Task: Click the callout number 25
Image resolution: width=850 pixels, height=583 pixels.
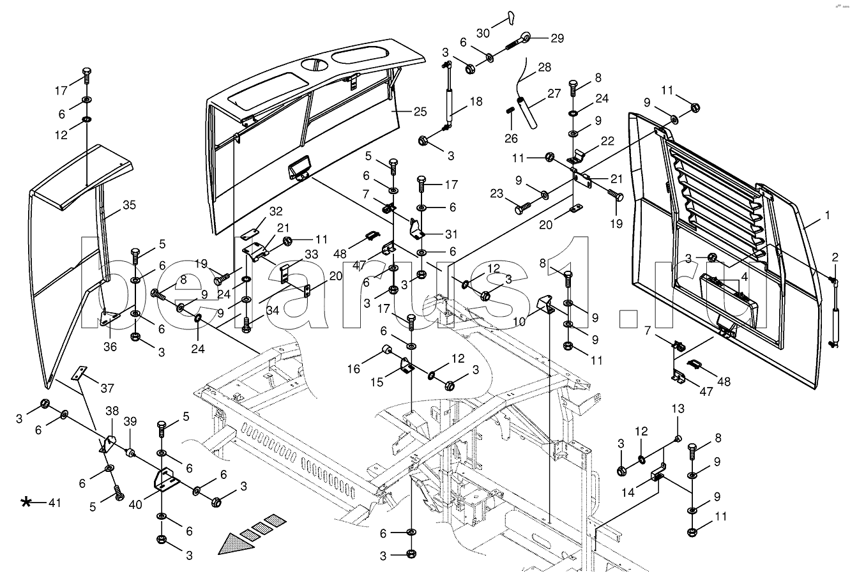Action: pyautogui.click(x=419, y=112)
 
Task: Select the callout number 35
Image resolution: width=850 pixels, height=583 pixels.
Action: pyautogui.click(x=130, y=206)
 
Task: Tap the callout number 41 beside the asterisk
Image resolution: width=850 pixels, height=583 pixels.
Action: pyautogui.click(x=55, y=503)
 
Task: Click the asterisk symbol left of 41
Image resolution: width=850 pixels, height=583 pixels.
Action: pyautogui.click(x=27, y=503)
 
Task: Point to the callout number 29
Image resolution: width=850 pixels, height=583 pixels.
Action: pyautogui.click(x=558, y=38)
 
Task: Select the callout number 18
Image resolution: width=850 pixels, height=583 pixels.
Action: pyautogui.click(x=476, y=101)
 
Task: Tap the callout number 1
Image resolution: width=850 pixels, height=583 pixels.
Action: pyautogui.click(x=827, y=216)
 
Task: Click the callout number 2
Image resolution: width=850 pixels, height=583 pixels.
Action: pyautogui.click(x=834, y=257)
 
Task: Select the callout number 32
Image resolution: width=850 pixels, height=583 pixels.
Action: pyautogui.click(x=275, y=211)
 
